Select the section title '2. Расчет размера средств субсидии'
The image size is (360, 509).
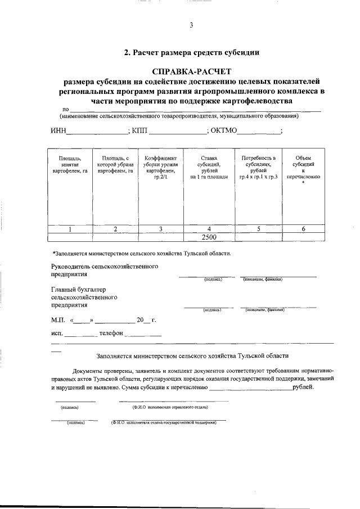pos(191,53)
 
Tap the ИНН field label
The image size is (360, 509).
pos(58,131)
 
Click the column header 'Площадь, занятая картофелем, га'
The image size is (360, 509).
pos(70,164)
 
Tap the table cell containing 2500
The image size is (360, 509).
pos(209,237)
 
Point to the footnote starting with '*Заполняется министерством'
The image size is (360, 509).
pos(141,254)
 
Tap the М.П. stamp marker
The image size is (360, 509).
pos(58,320)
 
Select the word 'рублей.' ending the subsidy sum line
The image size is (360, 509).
pos(304,388)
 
